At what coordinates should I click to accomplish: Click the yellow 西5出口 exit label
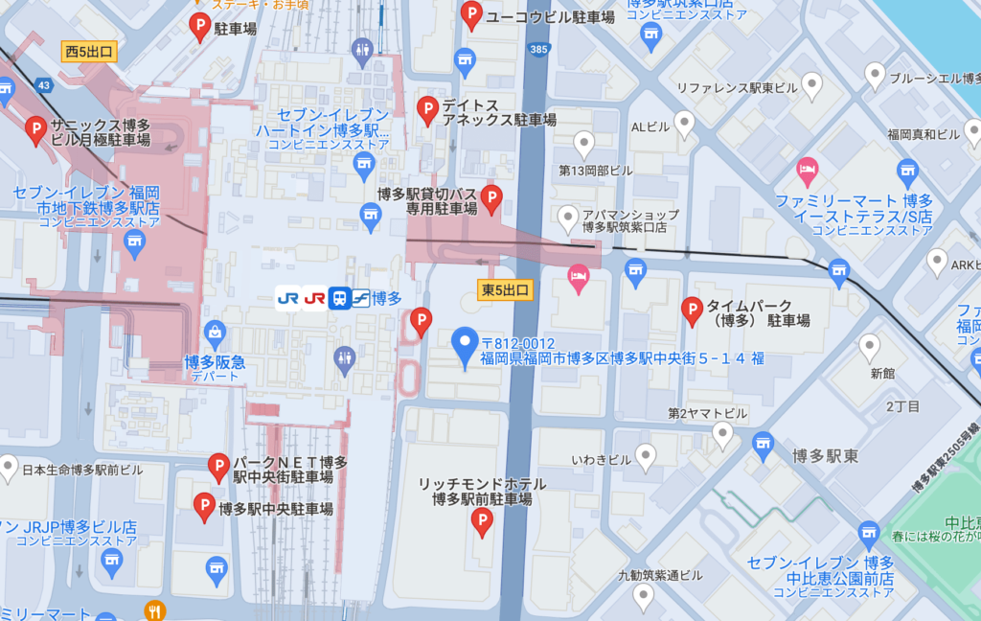pos(89,51)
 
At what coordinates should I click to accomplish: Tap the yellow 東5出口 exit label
pos(504,287)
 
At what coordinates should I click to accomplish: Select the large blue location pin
pos(466,347)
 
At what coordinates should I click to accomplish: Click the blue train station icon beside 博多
pos(338,298)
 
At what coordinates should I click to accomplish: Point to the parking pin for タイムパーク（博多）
pos(691,310)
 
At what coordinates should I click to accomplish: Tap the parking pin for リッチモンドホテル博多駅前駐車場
pos(484,521)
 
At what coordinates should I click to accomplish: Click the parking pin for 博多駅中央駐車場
pos(204,506)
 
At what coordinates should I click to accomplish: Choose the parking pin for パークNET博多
pos(218,467)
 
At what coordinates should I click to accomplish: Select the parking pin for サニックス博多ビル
pos(36,129)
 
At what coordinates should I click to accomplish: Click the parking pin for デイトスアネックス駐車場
pos(427,110)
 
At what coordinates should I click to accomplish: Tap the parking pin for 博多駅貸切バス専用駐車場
pos(491,198)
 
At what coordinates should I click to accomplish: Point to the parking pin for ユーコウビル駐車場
pos(471,14)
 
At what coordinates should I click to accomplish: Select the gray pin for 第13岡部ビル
pos(584,145)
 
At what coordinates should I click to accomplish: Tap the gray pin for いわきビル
pos(647,457)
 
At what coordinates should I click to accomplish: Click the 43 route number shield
pos(43,85)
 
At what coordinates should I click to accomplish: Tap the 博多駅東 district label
pos(824,455)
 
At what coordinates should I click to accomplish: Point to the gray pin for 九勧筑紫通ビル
pos(644,596)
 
